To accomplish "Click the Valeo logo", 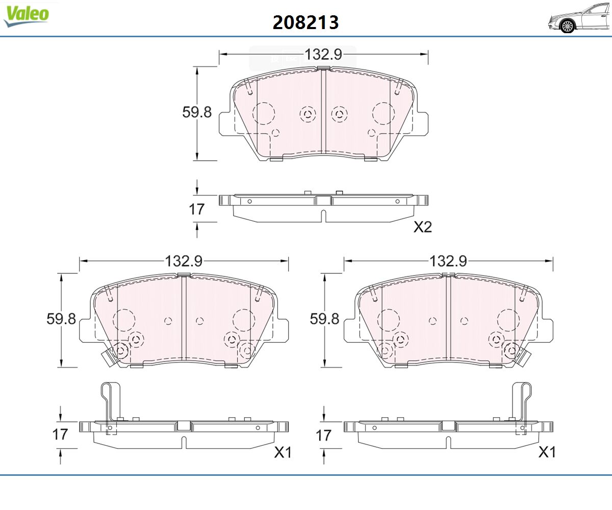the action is [26, 16].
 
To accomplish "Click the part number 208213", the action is [305, 22].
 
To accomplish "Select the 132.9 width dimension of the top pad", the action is [323, 55].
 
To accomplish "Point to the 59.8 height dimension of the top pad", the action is [197, 112].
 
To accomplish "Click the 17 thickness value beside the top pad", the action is [196, 209].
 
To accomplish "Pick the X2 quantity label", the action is [423, 227].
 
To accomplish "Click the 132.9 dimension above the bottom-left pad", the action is [184, 261].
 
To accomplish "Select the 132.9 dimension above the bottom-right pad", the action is [448, 261].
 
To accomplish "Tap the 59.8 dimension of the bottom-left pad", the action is [61, 319].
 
